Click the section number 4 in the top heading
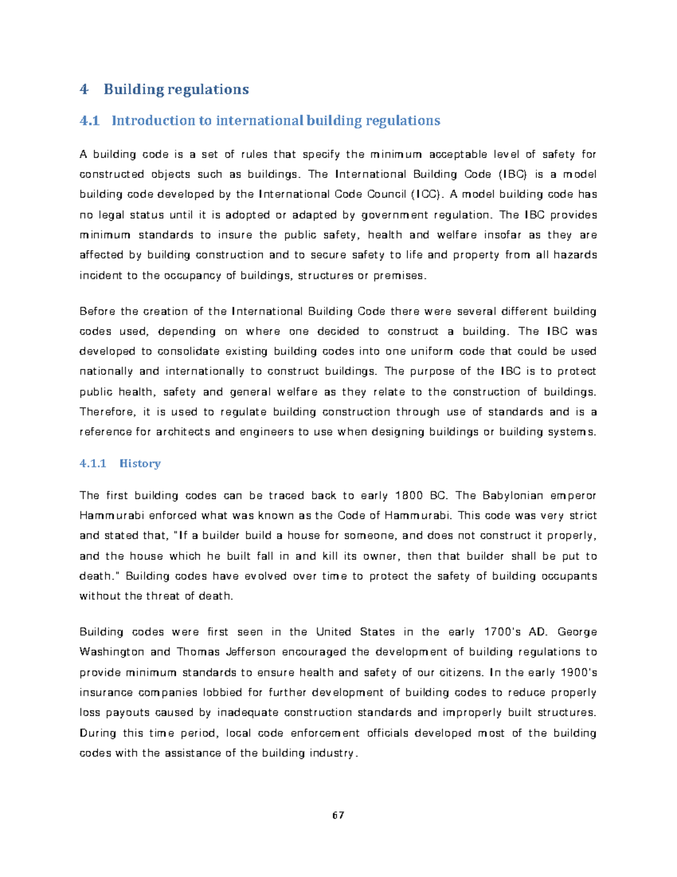click(84, 89)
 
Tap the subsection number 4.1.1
click(93, 464)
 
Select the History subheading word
click(140, 464)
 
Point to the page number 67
click(338, 815)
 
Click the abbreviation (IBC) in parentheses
click(512, 174)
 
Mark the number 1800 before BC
click(409, 496)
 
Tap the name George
click(577, 632)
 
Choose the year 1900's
click(579, 673)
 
